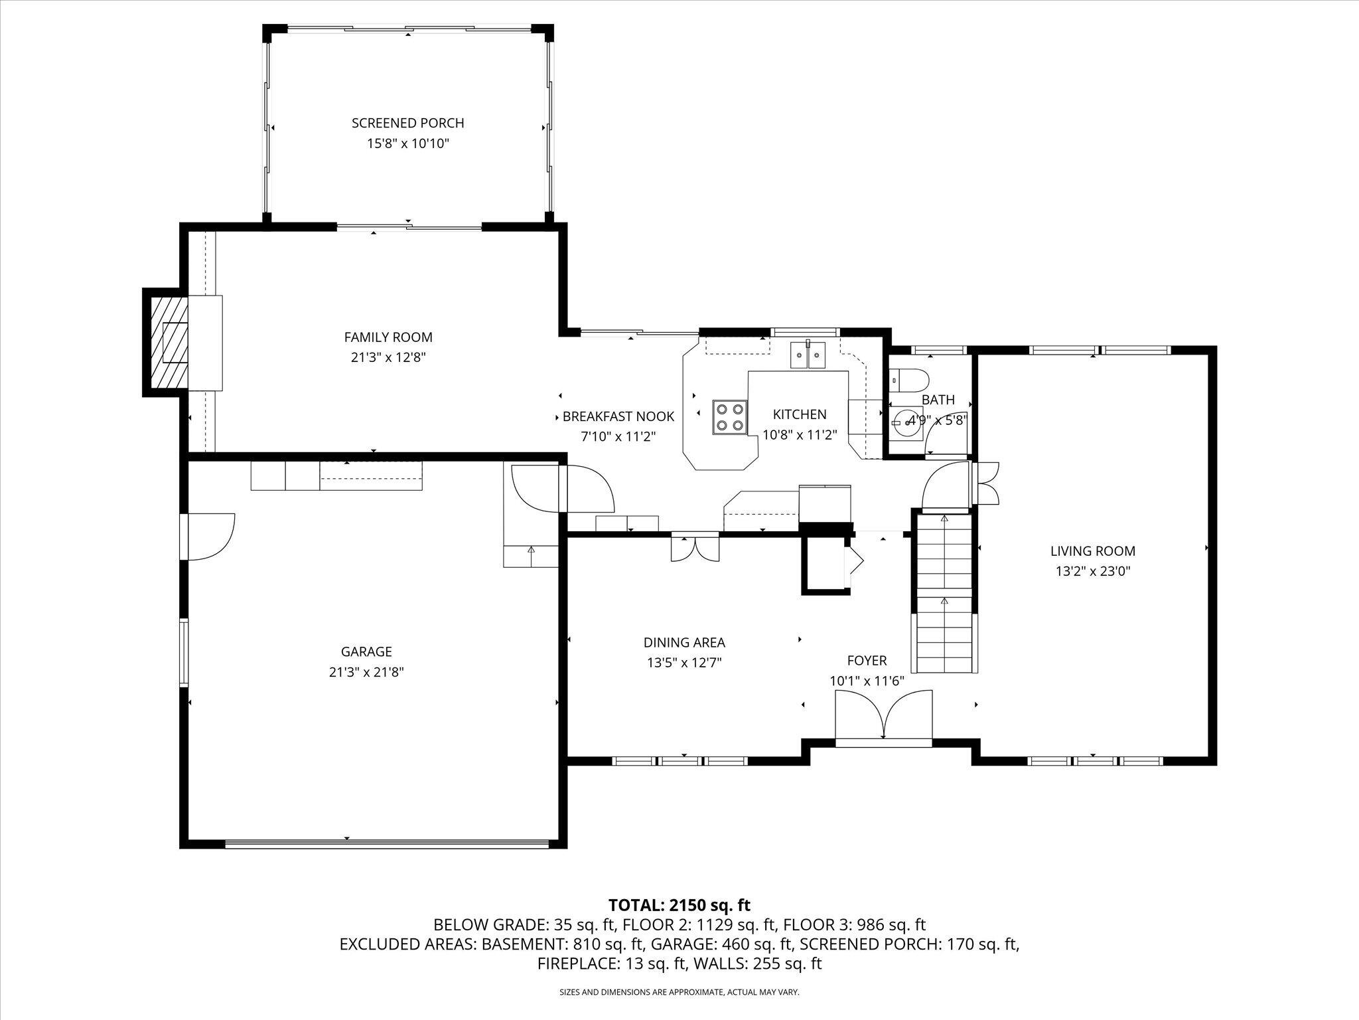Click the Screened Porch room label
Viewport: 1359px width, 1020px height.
pyautogui.click(x=407, y=123)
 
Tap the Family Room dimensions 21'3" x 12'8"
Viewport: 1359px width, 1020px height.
pyautogui.click(x=388, y=357)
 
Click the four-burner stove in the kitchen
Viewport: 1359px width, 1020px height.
pyautogui.click(x=730, y=417)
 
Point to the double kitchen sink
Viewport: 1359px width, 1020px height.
pyautogui.click(x=808, y=355)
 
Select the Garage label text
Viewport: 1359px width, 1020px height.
pyautogui.click(x=366, y=651)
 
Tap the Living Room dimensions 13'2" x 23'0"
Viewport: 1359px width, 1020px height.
pyautogui.click(x=1093, y=571)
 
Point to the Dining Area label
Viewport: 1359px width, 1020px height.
pyautogui.click(x=684, y=642)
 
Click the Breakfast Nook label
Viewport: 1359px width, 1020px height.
pyautogui.click(x=618, y=416)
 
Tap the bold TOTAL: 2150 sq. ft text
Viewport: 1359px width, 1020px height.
pyautogui.click(x=679, y=904)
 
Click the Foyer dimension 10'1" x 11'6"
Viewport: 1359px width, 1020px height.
pyautogui.click(x=867, y=681)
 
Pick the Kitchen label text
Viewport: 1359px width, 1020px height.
pyautogui.click(x=800, y=414)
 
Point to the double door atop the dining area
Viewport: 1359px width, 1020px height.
pyautogui.click(x=695, y=547)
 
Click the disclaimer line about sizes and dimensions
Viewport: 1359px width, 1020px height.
pyautogui.click(x=679, y=992)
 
